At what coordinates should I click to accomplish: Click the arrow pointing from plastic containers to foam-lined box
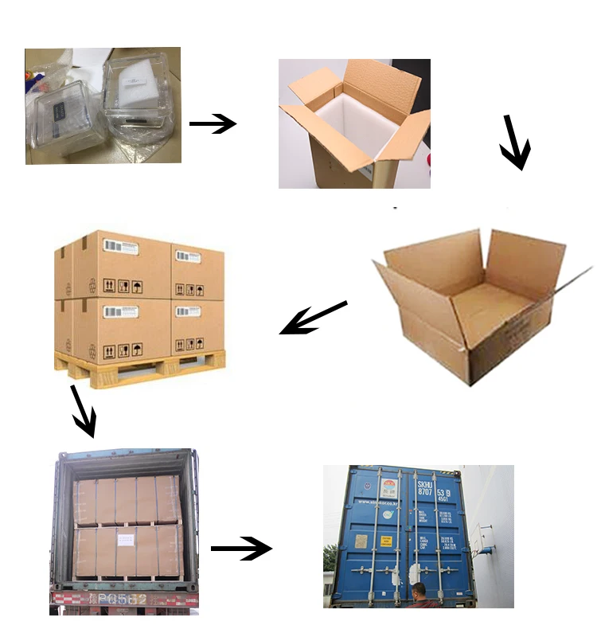(x=213, y=123)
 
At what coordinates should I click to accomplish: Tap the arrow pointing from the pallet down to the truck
(x=84, y=411)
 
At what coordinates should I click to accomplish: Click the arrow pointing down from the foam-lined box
(x=514, y=143)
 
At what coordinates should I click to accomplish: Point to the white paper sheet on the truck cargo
(x=127, y=541)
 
